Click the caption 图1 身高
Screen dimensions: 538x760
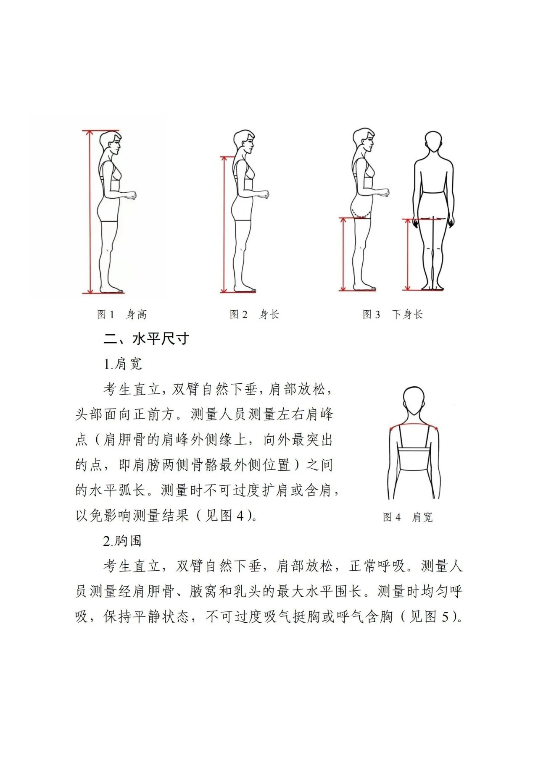coord(122,314)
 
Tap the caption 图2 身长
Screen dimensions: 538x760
coord(254,314)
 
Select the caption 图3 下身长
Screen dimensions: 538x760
coord(393,314)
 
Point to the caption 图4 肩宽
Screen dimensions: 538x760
coord(407,517)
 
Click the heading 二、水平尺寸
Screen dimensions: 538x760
coord(147,339)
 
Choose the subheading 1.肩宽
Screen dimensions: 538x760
coord(123,364)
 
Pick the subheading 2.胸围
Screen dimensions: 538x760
coord(123,541)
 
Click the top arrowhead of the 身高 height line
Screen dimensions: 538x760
coord(89,132)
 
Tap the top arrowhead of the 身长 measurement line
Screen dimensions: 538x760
coord(224,159)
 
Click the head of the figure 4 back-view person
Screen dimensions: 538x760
coord(414,399)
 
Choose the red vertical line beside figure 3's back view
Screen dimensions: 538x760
coord(407,254)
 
